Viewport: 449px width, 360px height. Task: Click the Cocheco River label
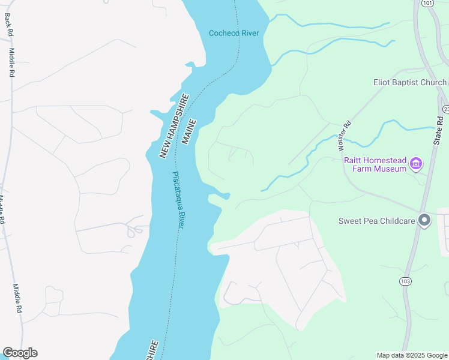[x=234, y=33]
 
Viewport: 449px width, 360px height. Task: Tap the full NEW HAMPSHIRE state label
[x=174, y=127]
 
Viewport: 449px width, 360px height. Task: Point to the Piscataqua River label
[x=178, y=200]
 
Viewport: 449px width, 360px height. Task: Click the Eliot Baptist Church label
[x=410, y=82]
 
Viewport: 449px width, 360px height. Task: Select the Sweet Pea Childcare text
[x=376, y=221]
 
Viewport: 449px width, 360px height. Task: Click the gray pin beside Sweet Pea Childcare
[x=425, y=221]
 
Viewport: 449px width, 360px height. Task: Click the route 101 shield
[x=427, y=3]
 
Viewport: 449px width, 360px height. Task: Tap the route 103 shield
[x=405, y=281]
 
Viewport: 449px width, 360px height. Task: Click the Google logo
[x=20, y=353]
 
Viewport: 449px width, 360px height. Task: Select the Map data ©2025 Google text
[x=412, y=355]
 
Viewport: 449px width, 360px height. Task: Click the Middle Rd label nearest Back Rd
[x=11, y=63]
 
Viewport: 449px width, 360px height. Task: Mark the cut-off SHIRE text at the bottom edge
[x=152, y=350]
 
